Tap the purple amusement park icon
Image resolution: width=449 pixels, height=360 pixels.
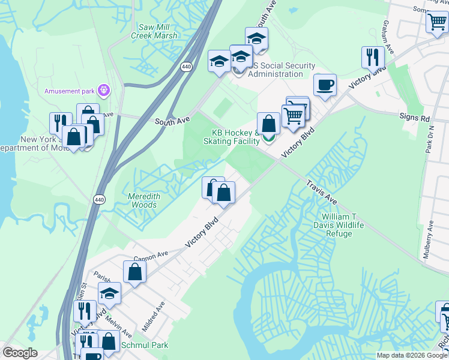[105, 91]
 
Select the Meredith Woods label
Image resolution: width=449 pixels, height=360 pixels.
[143, 200]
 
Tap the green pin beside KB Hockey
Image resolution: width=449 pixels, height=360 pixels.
[268, 139]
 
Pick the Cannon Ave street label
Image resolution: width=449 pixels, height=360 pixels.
[151, 256]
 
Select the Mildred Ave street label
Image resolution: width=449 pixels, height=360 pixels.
[153, 317]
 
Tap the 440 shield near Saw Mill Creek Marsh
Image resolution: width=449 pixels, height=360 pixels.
[187, 67]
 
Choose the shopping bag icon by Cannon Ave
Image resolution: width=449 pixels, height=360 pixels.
[135, 271]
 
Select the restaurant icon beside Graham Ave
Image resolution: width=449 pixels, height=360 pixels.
[373, 57]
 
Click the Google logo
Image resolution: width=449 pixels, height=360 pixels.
[20, 353]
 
